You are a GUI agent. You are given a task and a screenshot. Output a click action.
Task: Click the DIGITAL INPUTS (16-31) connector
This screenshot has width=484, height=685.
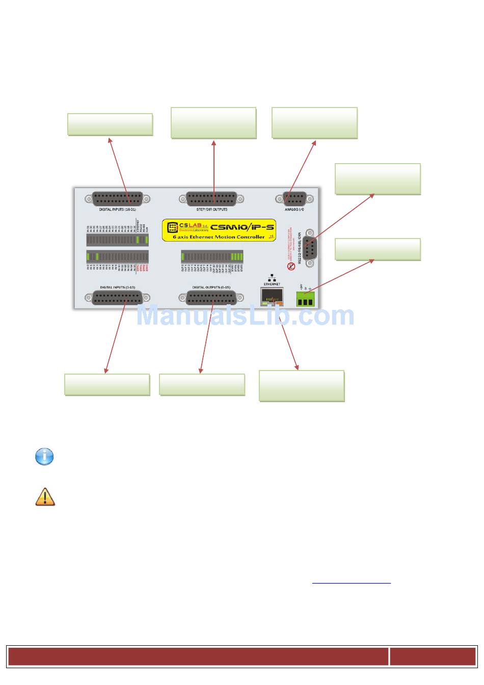117,199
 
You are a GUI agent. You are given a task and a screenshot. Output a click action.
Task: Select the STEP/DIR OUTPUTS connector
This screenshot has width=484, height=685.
211,199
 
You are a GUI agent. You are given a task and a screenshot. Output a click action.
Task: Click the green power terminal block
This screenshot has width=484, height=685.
305,299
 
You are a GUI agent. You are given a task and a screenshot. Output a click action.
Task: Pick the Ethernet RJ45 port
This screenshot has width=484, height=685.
272,296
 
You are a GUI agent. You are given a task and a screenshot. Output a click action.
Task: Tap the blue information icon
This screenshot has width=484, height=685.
44,456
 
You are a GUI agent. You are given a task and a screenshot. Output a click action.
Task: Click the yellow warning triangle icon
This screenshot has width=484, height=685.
45,497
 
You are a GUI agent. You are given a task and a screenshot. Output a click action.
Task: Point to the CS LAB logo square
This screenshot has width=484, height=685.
173,227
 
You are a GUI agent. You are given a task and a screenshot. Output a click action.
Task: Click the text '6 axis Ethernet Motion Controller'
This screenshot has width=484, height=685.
219,237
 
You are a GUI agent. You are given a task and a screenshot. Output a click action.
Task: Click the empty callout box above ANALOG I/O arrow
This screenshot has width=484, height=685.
314,123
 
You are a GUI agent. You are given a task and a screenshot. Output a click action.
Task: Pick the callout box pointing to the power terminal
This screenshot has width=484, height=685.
378,249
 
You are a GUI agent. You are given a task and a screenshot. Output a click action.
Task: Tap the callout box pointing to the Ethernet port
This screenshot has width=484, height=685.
302,386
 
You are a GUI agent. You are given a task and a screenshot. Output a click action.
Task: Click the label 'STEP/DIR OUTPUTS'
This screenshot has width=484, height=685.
212,209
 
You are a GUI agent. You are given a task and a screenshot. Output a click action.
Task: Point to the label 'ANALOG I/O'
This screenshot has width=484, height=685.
294,209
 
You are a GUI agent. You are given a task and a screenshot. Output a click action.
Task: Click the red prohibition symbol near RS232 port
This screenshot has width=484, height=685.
291,266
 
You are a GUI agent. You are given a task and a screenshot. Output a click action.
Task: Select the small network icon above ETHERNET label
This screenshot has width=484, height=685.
272,278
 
